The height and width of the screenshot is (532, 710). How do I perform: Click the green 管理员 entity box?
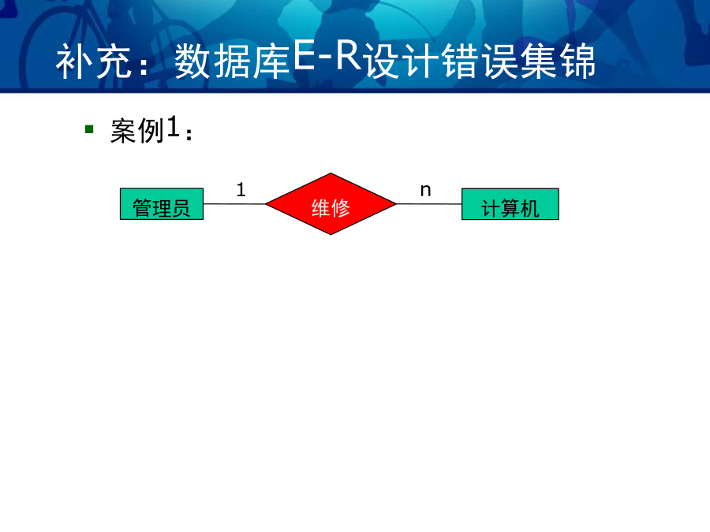[x=162, y=204]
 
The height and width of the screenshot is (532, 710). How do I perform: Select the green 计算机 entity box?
[x=510, y=204]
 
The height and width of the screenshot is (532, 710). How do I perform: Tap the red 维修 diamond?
[x=331, y=204]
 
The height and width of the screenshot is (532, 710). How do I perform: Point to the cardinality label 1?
[x=241, y=189]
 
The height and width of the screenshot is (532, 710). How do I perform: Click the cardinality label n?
[x=426, y=191]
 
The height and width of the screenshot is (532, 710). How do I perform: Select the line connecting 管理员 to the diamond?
[x=234, y=204]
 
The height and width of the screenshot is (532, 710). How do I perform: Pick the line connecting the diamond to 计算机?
[x=429, y=204]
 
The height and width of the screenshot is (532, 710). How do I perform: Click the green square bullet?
[x=89, y=130]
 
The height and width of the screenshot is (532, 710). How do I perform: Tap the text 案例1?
[x=145, y=130]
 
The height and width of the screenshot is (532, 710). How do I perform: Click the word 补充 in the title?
[x=95, y=61]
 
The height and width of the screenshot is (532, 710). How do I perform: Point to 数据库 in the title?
[x=232, y=61]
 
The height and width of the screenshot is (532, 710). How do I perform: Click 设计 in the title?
[x=402, y=61]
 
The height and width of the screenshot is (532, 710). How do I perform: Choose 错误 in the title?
[x=480, y=61]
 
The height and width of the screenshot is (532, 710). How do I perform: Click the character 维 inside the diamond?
[x=320, y=208]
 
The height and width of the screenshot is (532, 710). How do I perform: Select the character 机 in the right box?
[x=530, y=209]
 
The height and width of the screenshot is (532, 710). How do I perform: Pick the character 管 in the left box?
[x=142, y=209]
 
